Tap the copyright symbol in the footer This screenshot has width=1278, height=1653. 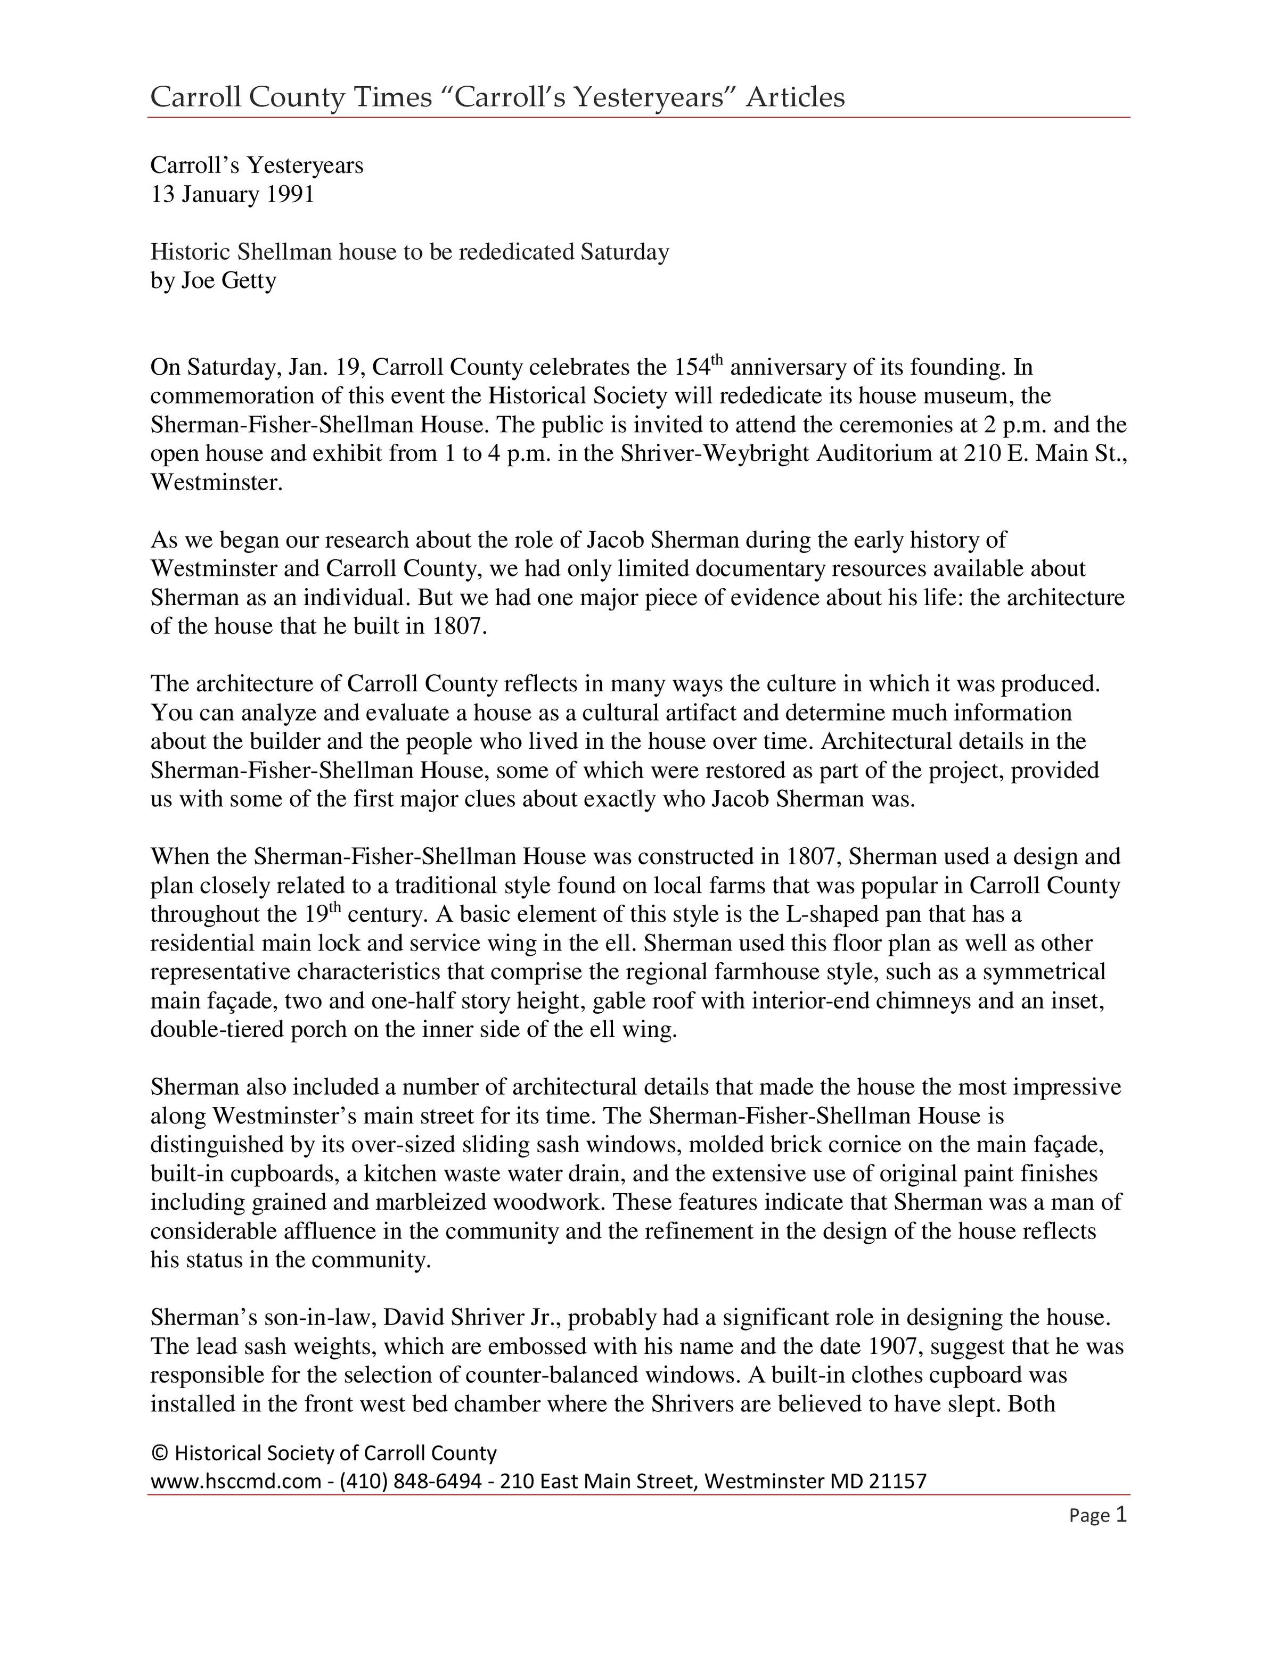[159, 1453]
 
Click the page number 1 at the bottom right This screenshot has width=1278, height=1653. [1121, 1515]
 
